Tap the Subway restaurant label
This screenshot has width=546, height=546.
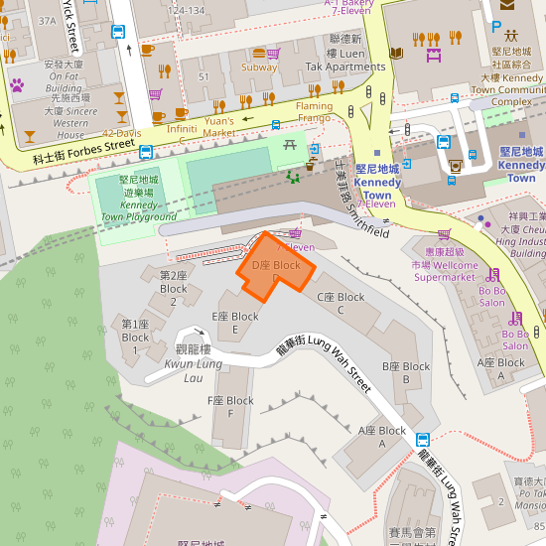point(259,68)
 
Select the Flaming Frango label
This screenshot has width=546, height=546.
point(314,112)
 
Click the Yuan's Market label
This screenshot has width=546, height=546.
point(219,126)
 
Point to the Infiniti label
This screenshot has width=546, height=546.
point(182,129)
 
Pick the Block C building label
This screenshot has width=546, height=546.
point(341,303)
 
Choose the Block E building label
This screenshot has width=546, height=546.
point(235,323)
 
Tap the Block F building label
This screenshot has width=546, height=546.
point(230,407)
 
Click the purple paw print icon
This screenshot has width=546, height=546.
point(16,84)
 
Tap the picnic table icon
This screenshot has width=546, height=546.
point(291,145)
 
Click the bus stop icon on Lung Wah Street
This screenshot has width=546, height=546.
point(422,439)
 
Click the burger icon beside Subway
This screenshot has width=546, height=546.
point(259,53)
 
